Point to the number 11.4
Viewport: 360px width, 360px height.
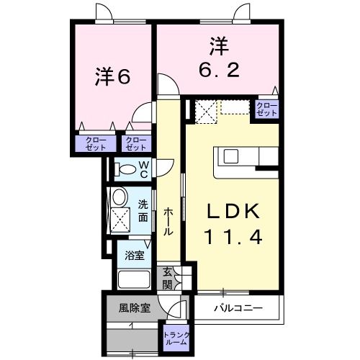233,236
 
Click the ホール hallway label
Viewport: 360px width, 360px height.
168,221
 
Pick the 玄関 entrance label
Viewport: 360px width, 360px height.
167,277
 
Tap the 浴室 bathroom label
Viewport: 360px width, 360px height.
135,255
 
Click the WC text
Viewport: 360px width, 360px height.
143,169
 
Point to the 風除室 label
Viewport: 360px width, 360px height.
135,308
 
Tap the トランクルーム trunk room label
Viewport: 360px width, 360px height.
176,338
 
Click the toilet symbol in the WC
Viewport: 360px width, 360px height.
126,170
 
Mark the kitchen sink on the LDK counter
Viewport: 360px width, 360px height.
232,156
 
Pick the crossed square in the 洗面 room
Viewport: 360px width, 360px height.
118,217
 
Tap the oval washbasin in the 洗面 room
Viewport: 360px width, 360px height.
119,196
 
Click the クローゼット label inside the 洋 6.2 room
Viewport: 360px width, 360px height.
267,109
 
